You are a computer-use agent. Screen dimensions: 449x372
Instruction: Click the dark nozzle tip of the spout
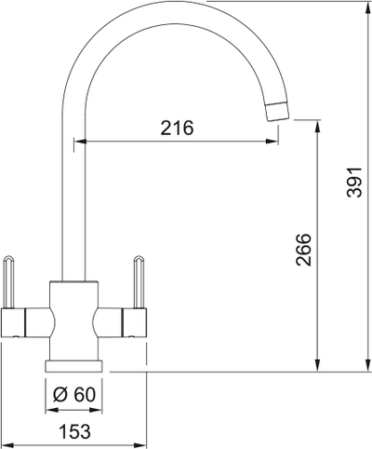click(278, 110)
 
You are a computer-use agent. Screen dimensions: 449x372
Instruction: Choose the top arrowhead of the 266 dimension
click(318, 124)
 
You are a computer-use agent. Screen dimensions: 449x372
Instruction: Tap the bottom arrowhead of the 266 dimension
click(318, 364)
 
